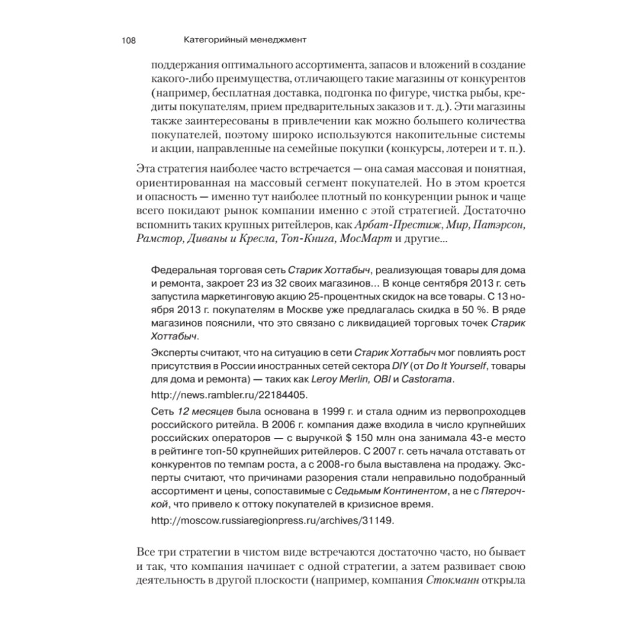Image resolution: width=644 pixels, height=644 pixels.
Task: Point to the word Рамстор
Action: coord(159,240)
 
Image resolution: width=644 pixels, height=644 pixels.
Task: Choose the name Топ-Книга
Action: coord(306,240)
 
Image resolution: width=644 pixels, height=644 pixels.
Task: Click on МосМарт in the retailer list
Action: coord(372,240)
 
